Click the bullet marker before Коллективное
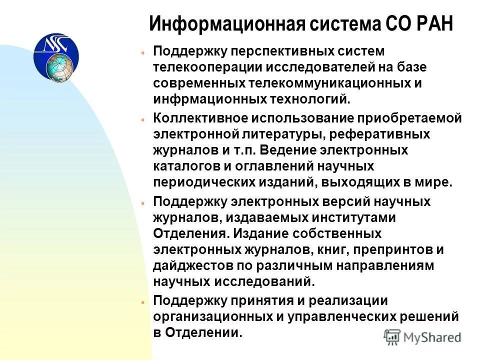[142, 120]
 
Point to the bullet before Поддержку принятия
[142, 302]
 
